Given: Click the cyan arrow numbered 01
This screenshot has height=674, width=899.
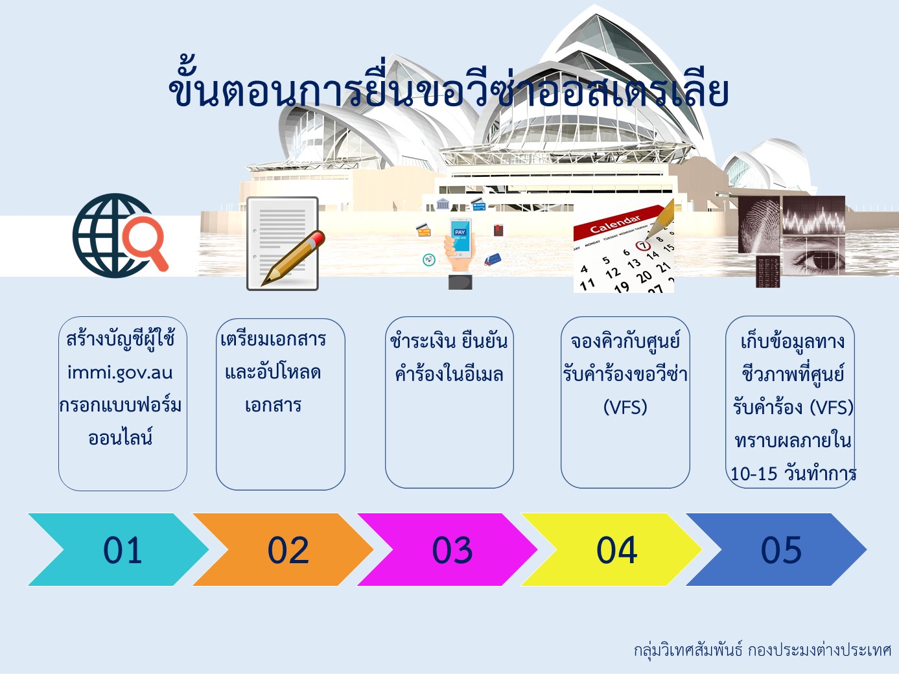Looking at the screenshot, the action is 119,550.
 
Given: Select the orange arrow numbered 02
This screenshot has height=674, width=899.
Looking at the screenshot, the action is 283,550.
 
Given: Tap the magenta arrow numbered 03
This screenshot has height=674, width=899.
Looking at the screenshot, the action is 448,550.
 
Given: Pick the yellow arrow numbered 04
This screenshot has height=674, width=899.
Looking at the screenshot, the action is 612,550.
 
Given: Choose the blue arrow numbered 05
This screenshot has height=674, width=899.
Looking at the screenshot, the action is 776,550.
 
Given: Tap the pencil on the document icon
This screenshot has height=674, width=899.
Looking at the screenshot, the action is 293,257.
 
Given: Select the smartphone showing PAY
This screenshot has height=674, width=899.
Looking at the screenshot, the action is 460,237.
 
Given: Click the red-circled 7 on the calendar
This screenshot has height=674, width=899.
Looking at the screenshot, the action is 643,246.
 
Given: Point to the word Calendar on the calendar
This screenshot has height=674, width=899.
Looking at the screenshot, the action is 614,224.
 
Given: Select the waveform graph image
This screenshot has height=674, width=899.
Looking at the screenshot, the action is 813,215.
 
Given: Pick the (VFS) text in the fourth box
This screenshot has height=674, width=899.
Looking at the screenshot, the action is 625,407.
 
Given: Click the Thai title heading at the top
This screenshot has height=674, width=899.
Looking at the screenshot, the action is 449,89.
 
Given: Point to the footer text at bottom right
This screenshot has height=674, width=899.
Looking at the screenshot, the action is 762,649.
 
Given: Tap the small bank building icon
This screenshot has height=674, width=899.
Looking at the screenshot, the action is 443,203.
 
